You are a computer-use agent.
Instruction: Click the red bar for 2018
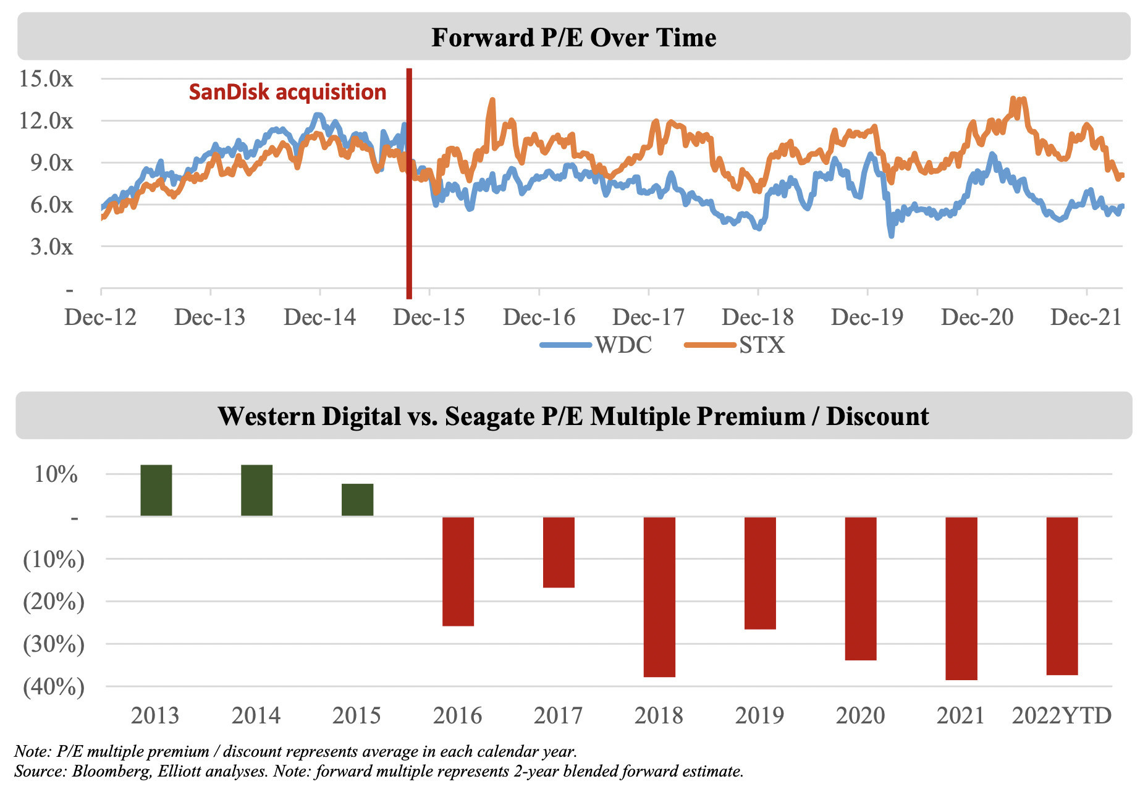click(x=659, y=597)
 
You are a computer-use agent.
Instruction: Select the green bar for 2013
click(x=156, y=490)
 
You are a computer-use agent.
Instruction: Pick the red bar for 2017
click(x=559, y=552)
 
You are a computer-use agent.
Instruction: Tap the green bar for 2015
click(x=357, y=500)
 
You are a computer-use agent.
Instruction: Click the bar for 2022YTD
click(x=1062, y=596)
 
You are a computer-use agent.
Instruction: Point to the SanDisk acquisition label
click(x=287, y=92)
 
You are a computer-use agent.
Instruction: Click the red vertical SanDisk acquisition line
click(x=409, y=185)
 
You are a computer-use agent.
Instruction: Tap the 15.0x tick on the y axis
click(x=46, y=78)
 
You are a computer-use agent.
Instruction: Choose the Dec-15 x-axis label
click(x=429, y=317)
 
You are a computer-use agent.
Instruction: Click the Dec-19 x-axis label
click(x=867, y=317)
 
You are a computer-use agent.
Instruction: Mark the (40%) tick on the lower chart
click(x=53, y=686)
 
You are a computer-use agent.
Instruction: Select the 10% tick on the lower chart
click(x=56, y=474)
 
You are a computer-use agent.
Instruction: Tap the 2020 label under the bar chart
click(x=860, y=715)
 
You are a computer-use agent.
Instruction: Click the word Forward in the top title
click(x=483, y=38)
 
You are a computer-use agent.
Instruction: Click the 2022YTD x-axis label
click(x=1061, y=715)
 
